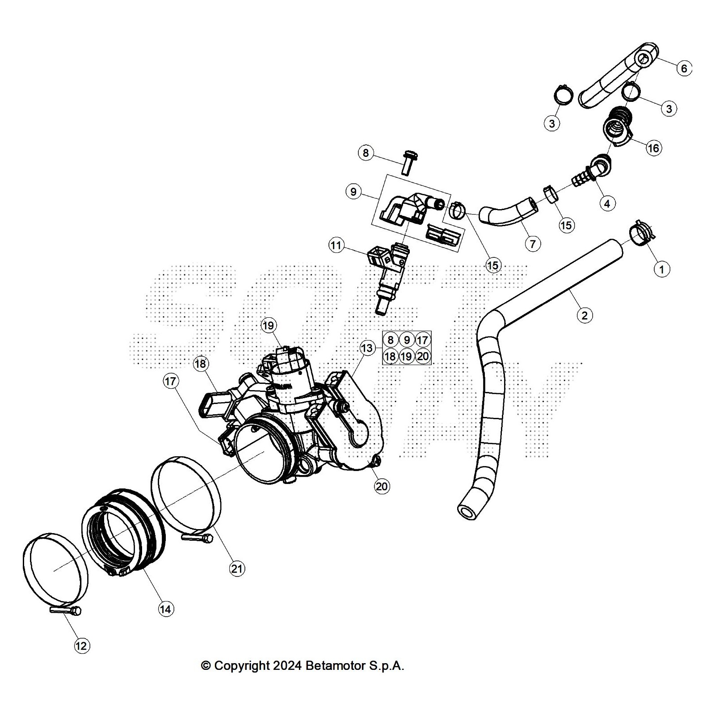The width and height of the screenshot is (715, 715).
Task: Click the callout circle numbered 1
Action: tap(661, 269)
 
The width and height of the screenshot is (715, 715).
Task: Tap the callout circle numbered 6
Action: tap(684, 68)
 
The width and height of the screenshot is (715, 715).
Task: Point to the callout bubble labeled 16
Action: tap(653, 148)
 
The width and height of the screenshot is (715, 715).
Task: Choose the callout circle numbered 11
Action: tap(336, 245)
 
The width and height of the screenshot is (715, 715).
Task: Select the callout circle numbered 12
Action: tap(81, 645)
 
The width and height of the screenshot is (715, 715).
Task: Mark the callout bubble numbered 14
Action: tap(166, 609)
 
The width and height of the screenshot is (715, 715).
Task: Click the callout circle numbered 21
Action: tap(237, 568)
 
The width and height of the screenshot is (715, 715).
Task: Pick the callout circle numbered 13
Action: tap(367, 348)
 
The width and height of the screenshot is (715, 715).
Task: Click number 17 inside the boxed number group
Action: tap(422, 340)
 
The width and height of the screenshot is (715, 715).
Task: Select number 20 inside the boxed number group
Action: tap(422, 356)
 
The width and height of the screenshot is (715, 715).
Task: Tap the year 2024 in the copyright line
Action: tap(287, 666)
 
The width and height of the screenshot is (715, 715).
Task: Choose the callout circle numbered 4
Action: tap(606, 204)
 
